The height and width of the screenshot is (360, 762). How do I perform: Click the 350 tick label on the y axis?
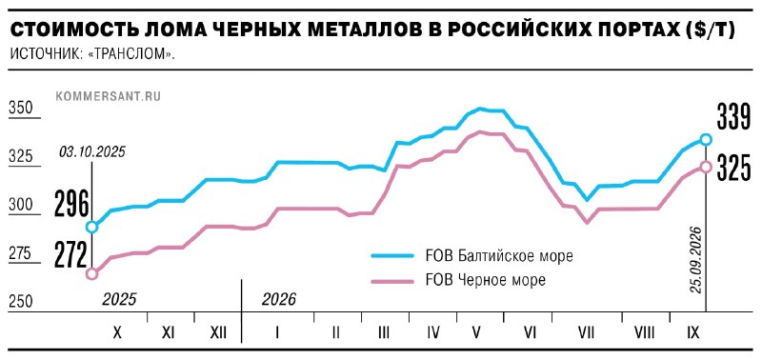tap(20, 108)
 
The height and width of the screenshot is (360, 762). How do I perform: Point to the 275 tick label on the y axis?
tap(20, 253)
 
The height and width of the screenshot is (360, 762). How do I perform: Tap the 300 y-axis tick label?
tap(20, 205)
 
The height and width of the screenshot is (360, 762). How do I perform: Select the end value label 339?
tap(733, 118)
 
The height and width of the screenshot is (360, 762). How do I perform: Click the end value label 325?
tap(733, 168)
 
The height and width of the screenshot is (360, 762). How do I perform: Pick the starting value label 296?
tap(71, 204)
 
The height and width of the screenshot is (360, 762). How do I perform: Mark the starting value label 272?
tap(71, 254)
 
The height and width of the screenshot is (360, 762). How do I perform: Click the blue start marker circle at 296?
tap(91, 227)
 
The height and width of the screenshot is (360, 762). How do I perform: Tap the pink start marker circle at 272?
tap(91, 274)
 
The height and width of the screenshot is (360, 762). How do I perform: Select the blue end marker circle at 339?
tap(706, 139)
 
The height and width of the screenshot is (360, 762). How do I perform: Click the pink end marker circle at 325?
tap(706, 167)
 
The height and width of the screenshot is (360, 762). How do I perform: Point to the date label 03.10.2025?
tap(92, 152)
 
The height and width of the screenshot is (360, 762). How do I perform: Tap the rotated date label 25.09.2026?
tap(696, 259)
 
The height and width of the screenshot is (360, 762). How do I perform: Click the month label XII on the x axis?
tap(218, 332)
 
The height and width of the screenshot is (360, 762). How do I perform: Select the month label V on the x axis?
tap(476, 332)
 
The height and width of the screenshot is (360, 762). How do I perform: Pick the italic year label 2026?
tap(278, 299)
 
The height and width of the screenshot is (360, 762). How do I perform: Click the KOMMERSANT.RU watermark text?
tap(109, 96)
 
